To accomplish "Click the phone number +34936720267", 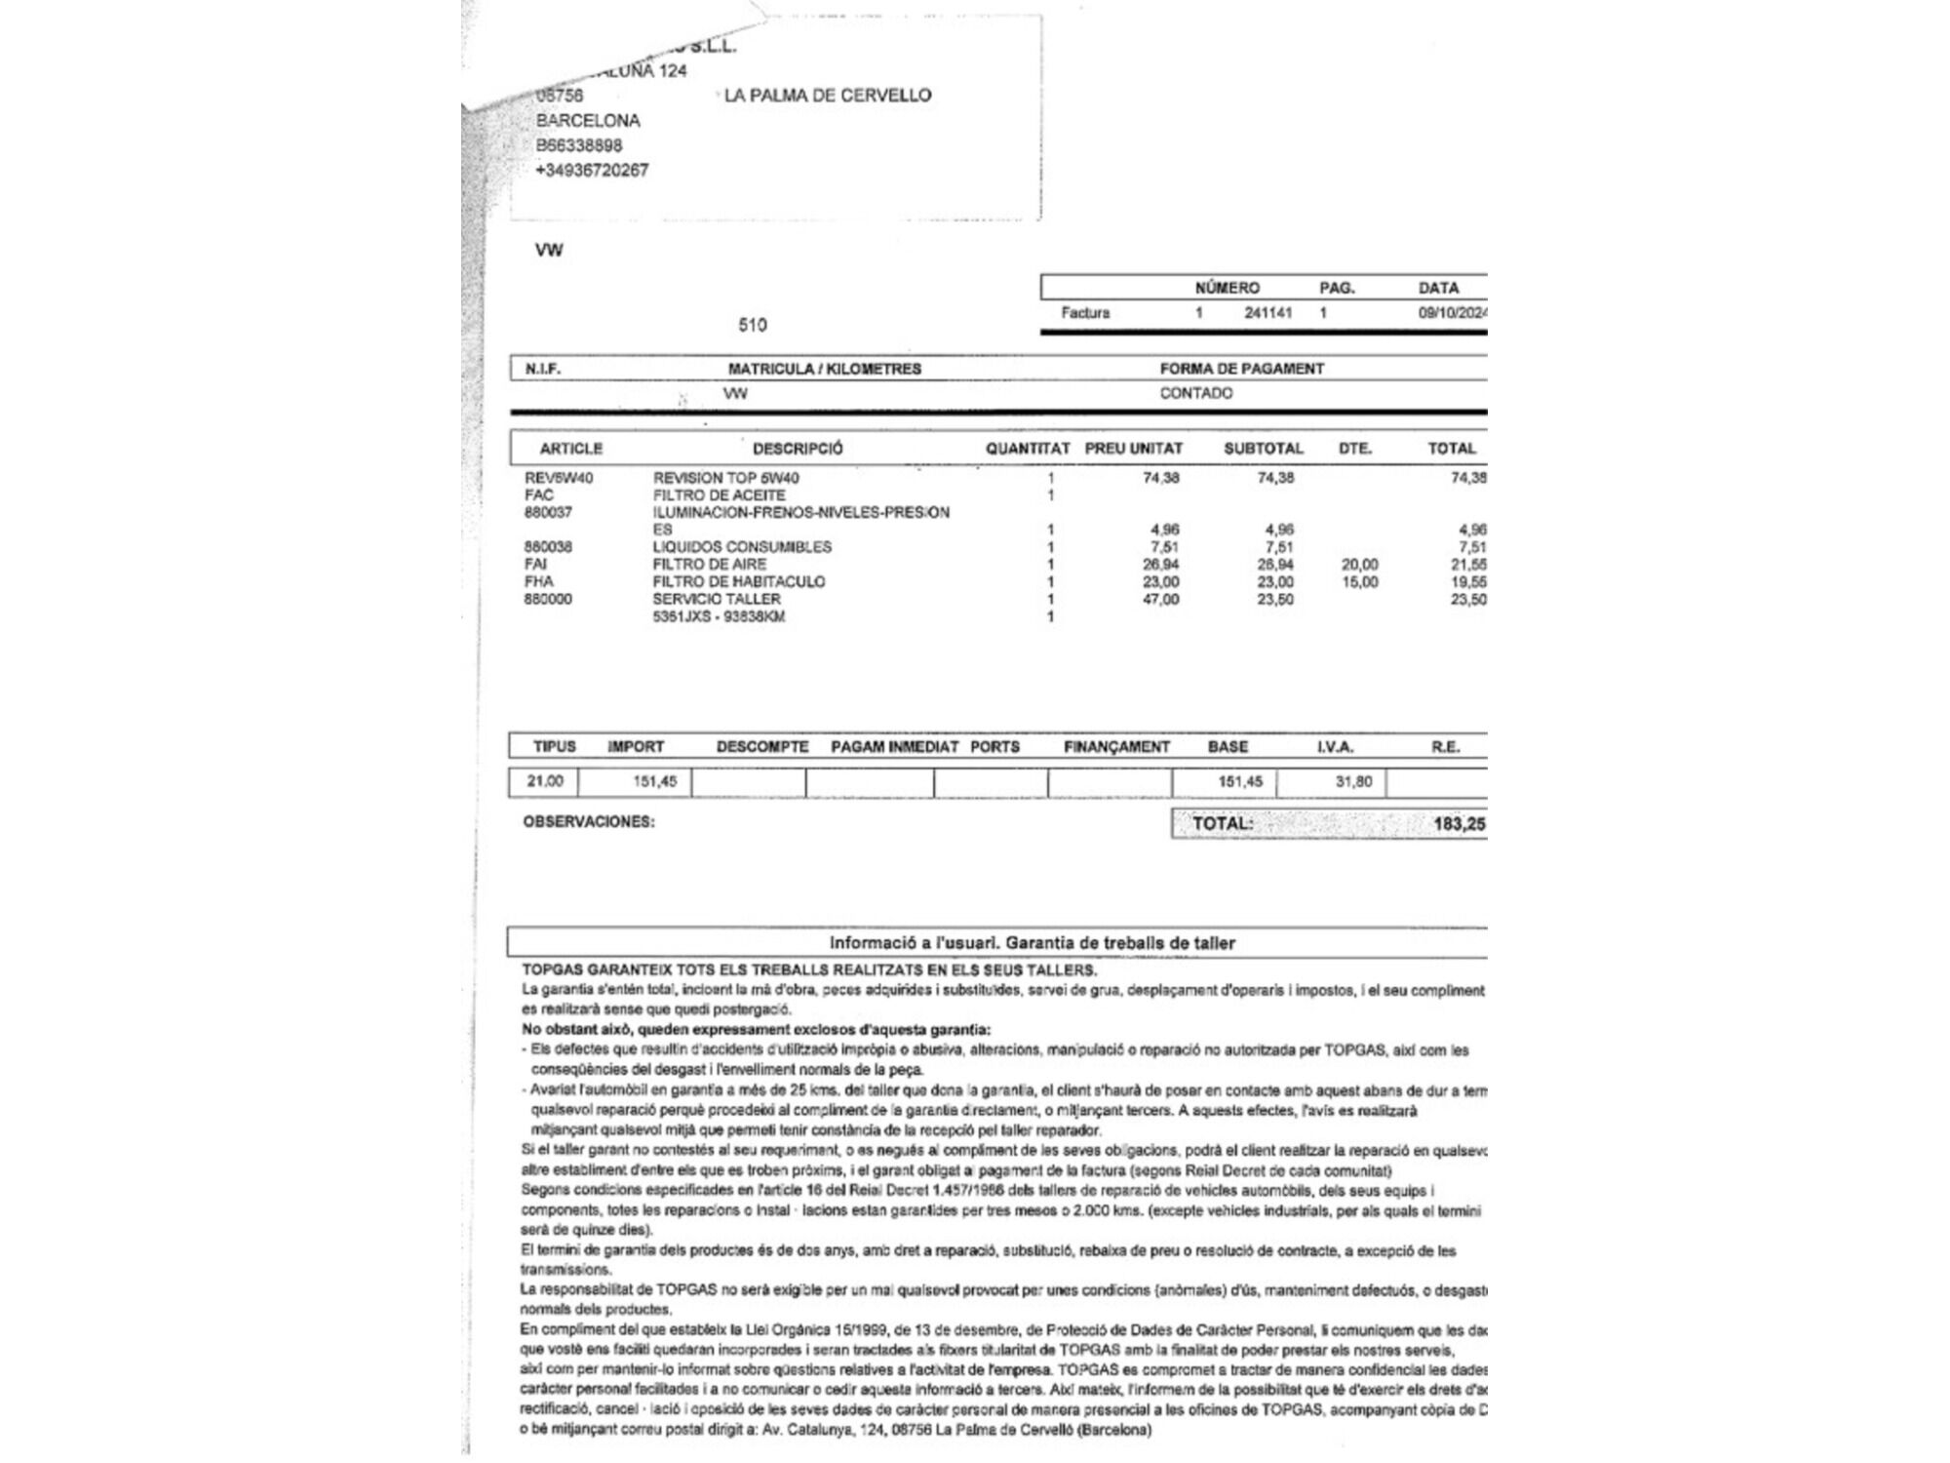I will (592, 170).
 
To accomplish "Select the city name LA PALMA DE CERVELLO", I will (828, 96).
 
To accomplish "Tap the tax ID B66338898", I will (579, 145).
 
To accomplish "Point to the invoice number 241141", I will (1267, 313).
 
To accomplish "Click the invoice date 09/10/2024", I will (1452, 313).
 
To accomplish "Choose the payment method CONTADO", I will (1195, 393).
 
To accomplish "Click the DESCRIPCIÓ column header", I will (798, 449).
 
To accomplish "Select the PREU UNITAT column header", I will (1133, 449).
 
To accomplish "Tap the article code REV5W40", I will (559, 478).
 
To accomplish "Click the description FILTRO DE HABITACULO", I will (738, 581).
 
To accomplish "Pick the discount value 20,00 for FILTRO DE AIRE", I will (1359, 565).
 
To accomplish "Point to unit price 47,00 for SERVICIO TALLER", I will (1160, 599).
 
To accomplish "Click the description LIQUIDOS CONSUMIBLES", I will (742, 547).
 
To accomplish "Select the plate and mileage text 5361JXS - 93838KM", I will (719, 616).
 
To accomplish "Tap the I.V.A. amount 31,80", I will (1353, 781).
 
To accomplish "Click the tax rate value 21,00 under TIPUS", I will (545, 781).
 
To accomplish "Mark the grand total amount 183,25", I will (1459, 824).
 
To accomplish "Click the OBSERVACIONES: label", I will (589, 822).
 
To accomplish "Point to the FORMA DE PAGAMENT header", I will (1241, 369).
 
